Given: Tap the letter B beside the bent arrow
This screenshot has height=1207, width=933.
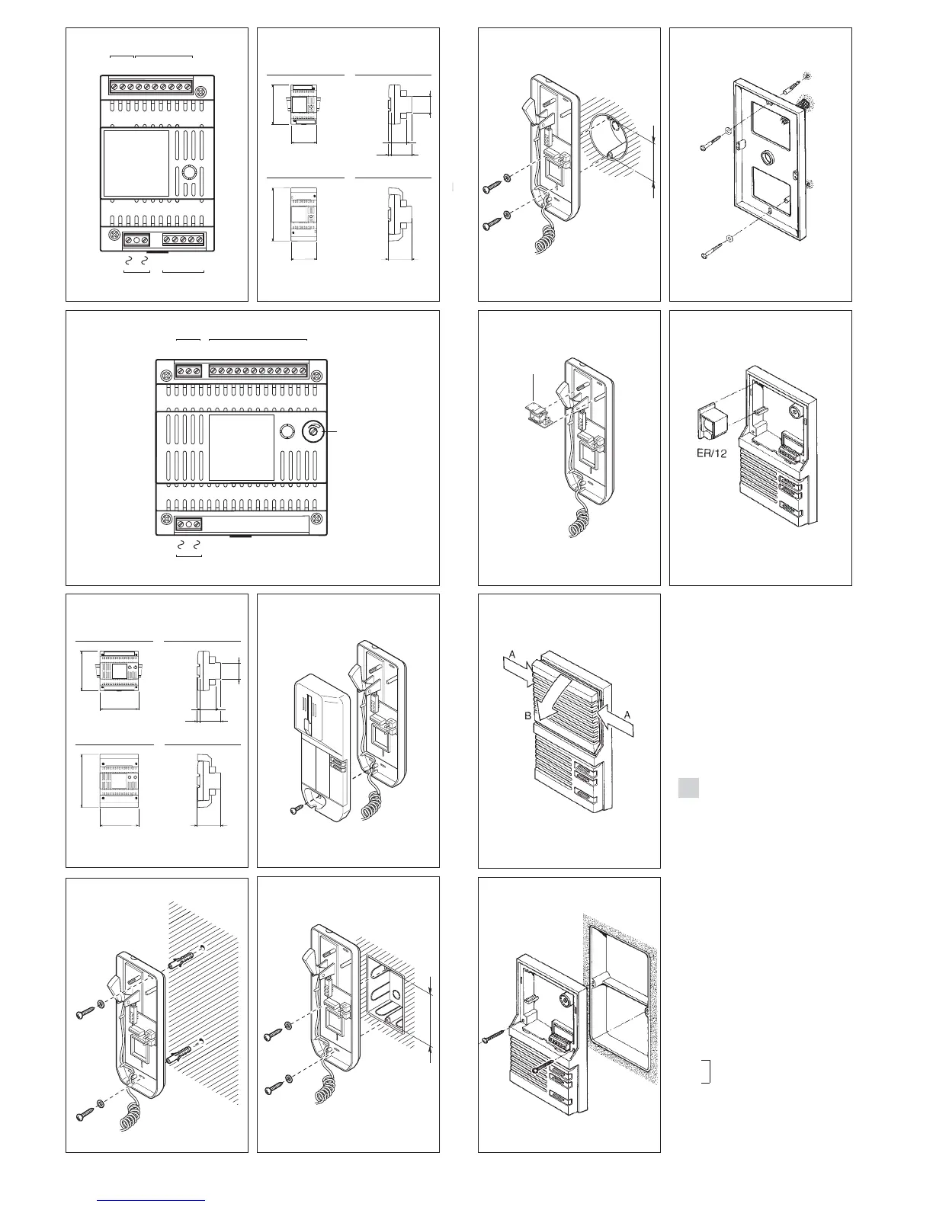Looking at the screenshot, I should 527,716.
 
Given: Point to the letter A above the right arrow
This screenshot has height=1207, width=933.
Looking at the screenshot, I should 627,714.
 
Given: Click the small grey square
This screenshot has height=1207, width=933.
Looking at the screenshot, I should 689,788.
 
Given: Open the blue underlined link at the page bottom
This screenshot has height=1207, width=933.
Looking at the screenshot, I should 152,1200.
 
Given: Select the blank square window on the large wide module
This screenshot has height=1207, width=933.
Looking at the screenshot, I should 242,447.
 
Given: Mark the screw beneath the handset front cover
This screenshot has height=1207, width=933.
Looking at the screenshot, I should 298,812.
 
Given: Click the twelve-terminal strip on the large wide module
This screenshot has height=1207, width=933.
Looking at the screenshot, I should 259,371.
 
